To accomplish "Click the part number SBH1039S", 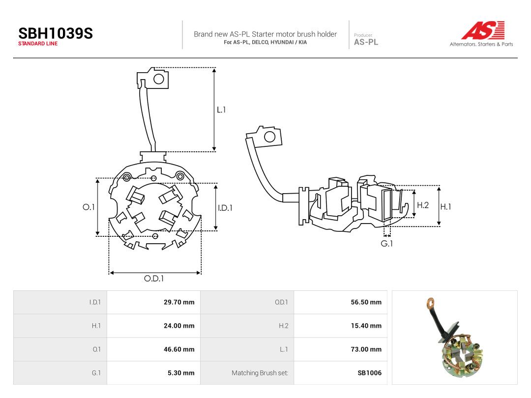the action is [x=56, y=33].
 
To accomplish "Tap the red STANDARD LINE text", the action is [x=38, y=44].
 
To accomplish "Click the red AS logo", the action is [x=483, y=30].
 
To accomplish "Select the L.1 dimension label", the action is [x=221, y=110].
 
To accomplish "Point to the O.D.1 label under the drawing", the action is [x=154, y=279].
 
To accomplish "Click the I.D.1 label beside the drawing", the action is [x=225, y=208].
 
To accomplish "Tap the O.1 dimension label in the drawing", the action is [x=88, y=207].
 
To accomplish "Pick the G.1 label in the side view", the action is [x=387, y=243].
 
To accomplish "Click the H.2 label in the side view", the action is [x=423, y=205].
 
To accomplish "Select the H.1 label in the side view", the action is [x=445, y=206].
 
